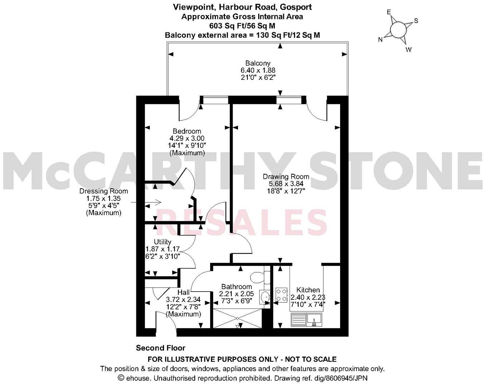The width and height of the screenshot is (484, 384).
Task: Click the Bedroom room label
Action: point(187,131)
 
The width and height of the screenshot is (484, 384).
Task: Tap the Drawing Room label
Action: point(286,177)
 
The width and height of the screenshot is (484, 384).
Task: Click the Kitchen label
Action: point(308,290)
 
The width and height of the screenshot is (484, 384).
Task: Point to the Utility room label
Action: point(163,242)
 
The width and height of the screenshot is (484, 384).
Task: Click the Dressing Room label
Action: point(103,191)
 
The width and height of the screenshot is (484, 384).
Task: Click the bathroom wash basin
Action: point(265,297)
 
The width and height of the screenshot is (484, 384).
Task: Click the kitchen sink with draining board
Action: point(308,320)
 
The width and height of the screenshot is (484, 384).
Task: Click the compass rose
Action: point(398,29)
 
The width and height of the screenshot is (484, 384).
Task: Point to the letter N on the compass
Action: point(380,40)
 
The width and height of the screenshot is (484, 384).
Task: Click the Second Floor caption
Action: point(160,348)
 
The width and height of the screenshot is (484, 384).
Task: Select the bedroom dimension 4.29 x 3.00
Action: point(187,138)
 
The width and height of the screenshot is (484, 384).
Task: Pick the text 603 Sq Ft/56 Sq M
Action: point(242,26)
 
